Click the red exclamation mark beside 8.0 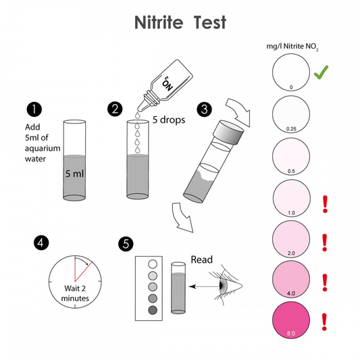(x=325, y=321)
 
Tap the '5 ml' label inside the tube (x=74, y=174)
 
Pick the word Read (x=203, y=259)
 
